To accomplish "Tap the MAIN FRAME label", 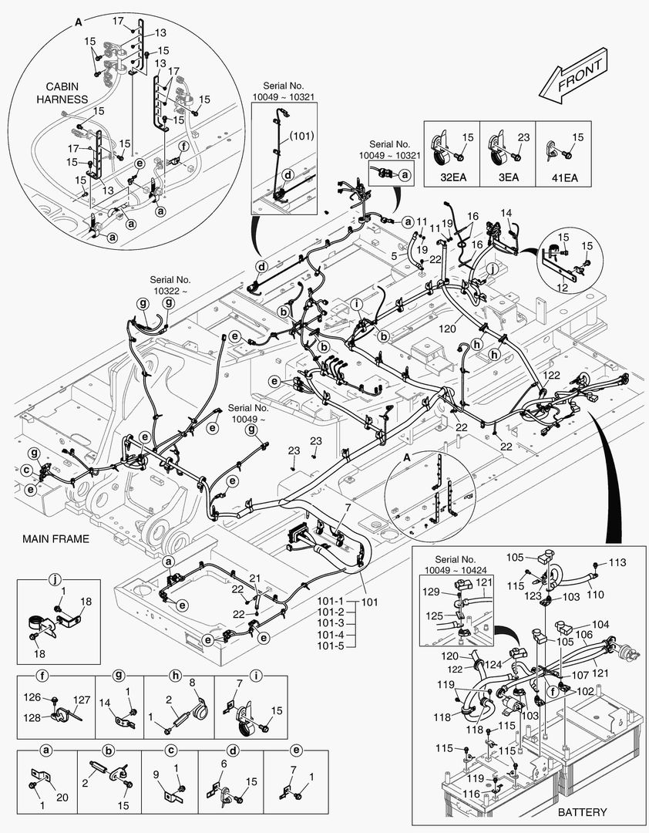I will click(55, 539).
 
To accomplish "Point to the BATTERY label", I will click(582, 812).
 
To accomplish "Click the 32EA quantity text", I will click(452, 175).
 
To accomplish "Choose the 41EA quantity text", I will click(563, 175).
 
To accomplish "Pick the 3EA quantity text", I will click(508, 175).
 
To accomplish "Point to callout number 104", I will click(600, 624).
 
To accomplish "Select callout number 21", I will click(254, 578).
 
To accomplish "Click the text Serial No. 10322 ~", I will click(170, 285).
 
